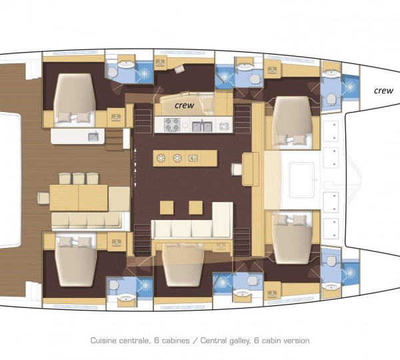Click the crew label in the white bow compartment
pyautogui.click(x=383, y=90)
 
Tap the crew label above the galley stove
pyautogui.click(x=185, y=105)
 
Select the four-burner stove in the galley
pyautogui.click(x=171, y=125)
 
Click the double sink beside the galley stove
pyautogui.click(x=203, y=125)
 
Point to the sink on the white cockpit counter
pyautogui.click(x=93, y=137)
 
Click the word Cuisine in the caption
pyautogui.click(x=105, y=341)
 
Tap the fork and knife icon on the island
pyautogui.click(x=193, y=158)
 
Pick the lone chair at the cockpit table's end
pyautogui.click(x=43, y=198)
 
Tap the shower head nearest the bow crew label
pyautogui.click(x=349, y=87)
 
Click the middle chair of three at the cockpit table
pyautogui.click(x=79, y=177)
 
